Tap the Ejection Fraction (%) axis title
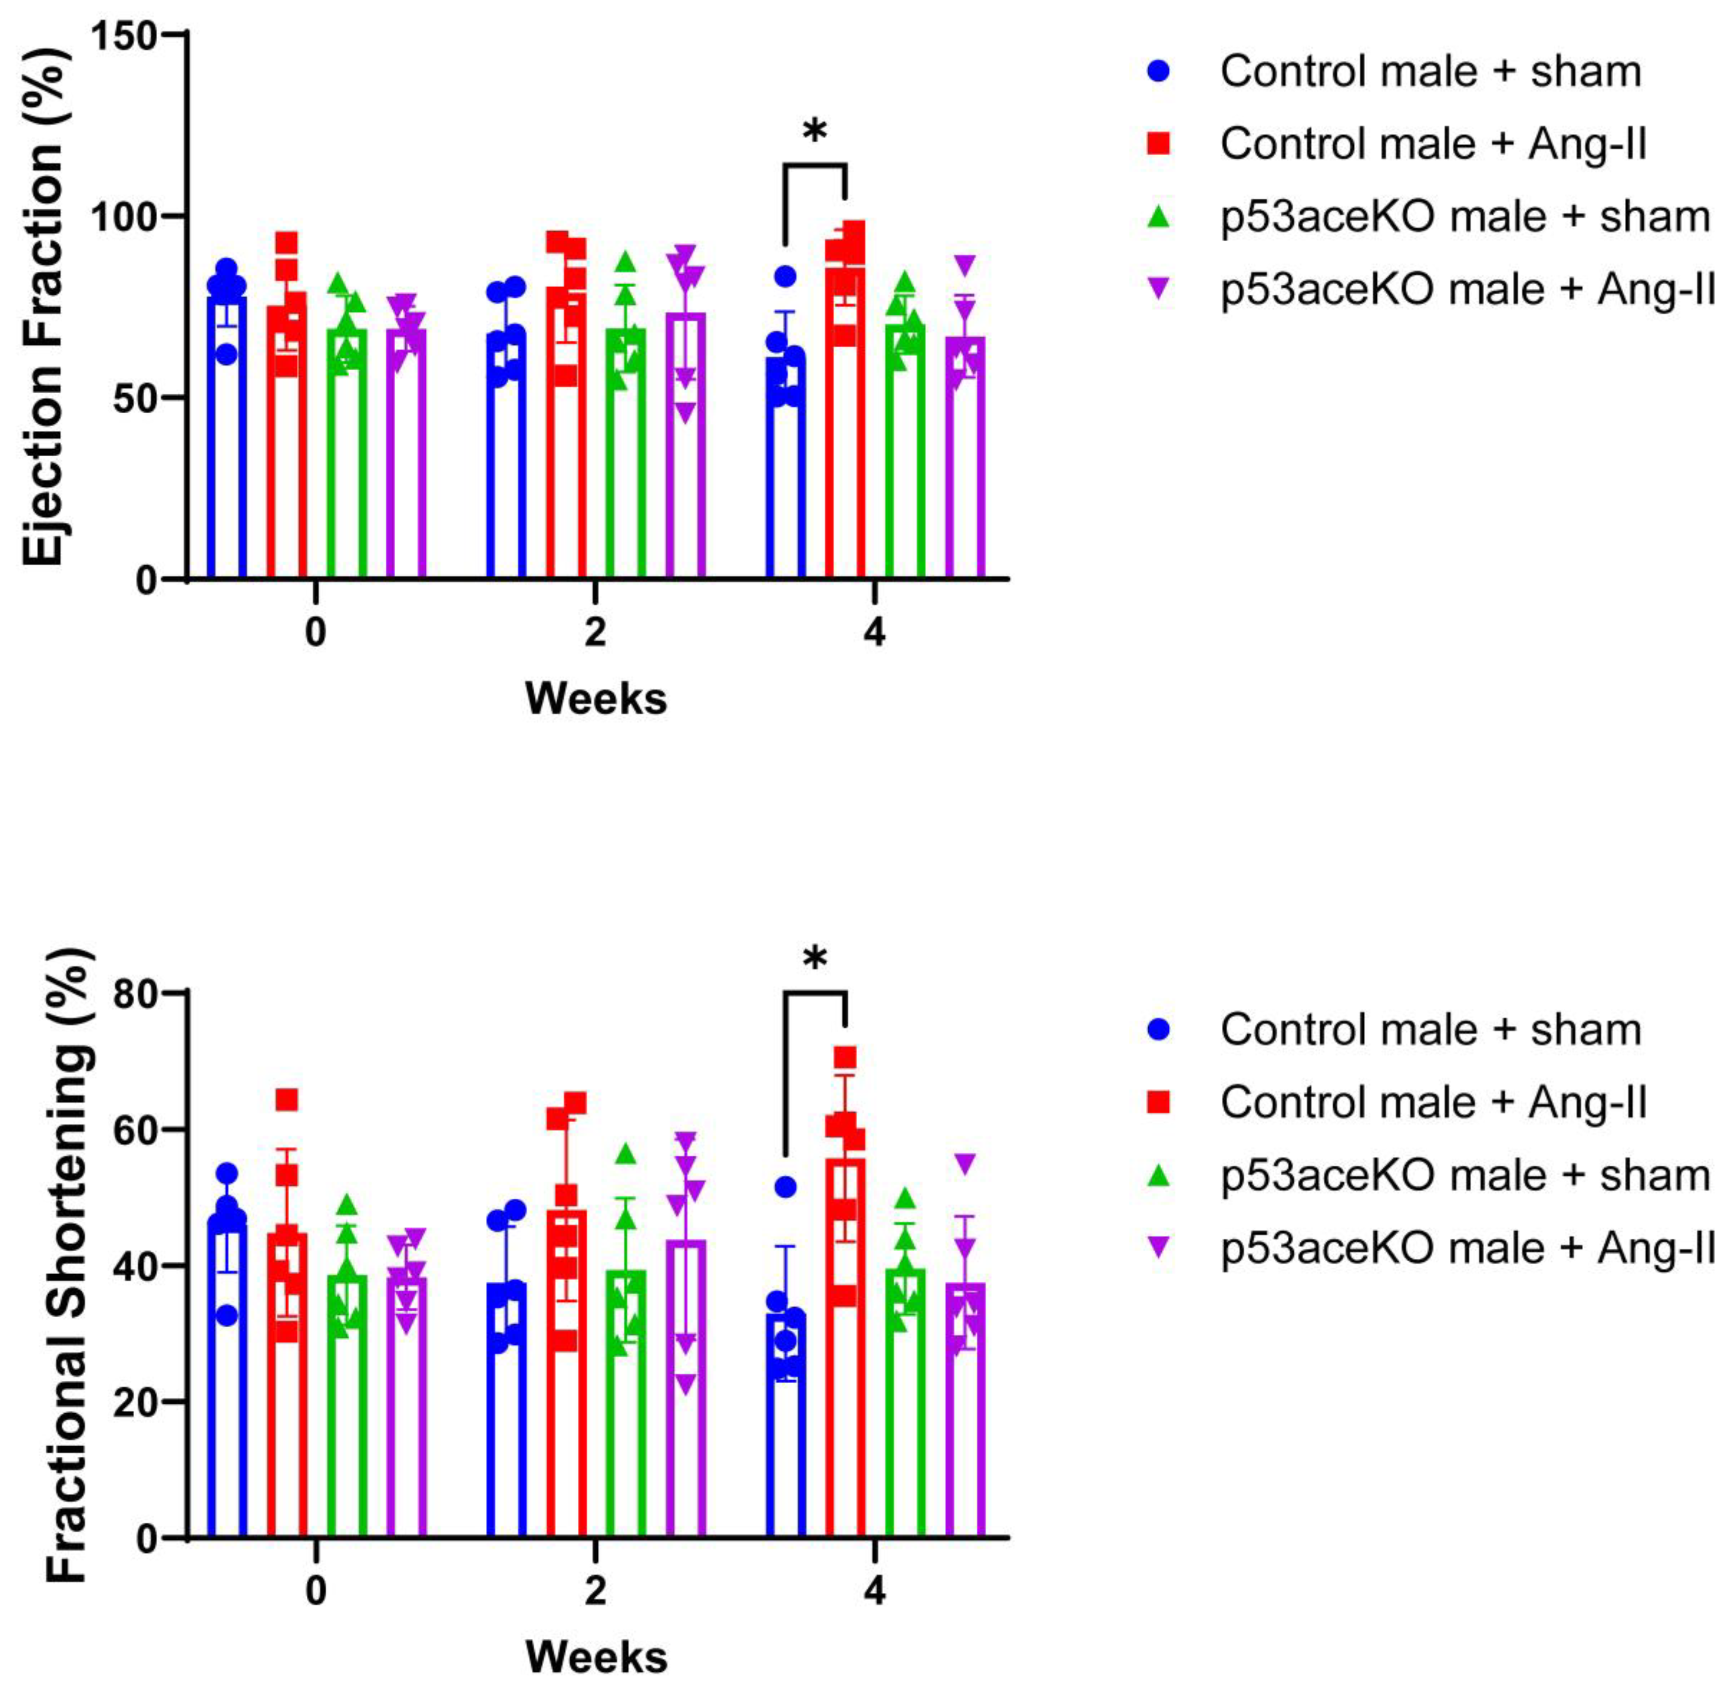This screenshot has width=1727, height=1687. (44, 306)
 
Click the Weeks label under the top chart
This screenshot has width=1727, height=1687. (595, 699)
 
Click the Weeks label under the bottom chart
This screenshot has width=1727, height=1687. (595, 1657)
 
